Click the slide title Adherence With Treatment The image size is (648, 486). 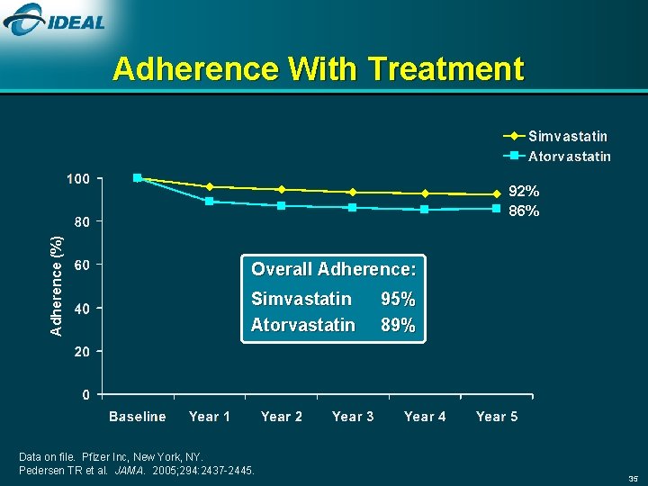pyautogui.click(x=318, y=68)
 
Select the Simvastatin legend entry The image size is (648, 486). pyautogui.click(x=567, y=137)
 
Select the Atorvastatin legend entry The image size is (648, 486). pyautogui.click(x=569, y=157)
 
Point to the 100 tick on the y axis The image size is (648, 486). pyautogui.click(x=78, y=179)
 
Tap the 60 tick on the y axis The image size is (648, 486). pyautogui.click(x=81, y=265)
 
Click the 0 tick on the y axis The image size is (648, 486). pyautogui.click(x=85, y=394)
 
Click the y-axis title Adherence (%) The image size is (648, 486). pyautogui.click(x=57, y=285)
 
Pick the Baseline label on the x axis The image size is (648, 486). pyautogui.click(x=137, y=417)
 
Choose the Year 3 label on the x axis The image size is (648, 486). pyautogui.click(x=353, y=417)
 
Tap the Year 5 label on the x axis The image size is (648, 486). pyautogui.click(x=497, y=417)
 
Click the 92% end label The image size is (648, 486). pyautogui.click(x=524, y=191)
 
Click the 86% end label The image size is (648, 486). pyautogui.click(x=524, y=211)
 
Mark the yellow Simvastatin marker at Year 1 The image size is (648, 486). pyautogui.click(x=210, y=187)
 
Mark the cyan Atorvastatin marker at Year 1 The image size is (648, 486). pyautogui.click(x=210, y=202)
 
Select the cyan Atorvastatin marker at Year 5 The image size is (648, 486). pyautogui.click(x=497, y=209)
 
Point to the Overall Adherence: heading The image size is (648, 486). pyautogui.click(x=333, y=269)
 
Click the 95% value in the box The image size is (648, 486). pyautogui.click(x=398, y=299)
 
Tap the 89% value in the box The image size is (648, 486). pyautogui.click(x=398, y=325)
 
